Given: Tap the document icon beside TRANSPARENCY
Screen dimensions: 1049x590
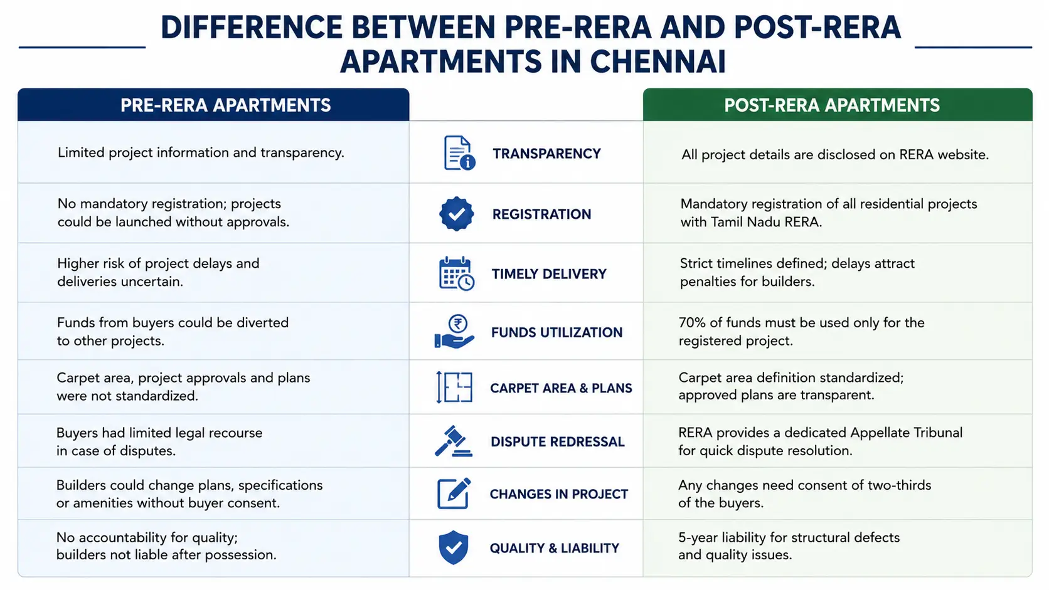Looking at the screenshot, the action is click(x=459, y=153).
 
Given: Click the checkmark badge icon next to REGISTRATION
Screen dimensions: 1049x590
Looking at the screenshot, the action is click(x=457, y=214).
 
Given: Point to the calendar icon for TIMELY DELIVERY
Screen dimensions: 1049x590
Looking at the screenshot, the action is click(x=457, y=274).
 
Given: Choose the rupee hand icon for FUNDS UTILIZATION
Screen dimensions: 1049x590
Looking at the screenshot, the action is click(x=454, y=332).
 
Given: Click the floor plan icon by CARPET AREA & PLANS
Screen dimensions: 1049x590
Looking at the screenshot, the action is click(x=454, y=387).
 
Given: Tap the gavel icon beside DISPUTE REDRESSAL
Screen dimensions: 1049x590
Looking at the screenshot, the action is click(x=454, y=441).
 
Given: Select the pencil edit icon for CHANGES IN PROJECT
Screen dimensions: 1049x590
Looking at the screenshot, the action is click(x=454, y=493).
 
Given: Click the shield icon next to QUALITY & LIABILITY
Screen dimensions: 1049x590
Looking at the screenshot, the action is click(x=454, y=547).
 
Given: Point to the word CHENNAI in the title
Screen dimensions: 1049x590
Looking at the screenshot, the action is click(x=658, y=62).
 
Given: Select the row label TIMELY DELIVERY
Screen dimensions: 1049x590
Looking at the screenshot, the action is click(x=549, y=274).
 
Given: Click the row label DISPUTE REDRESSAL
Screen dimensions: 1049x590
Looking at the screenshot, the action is click(x=557, y=441).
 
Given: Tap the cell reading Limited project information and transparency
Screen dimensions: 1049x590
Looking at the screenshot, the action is click(x=200, y=153).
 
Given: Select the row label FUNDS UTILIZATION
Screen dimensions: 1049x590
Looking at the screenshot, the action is click(x=557, y=332).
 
